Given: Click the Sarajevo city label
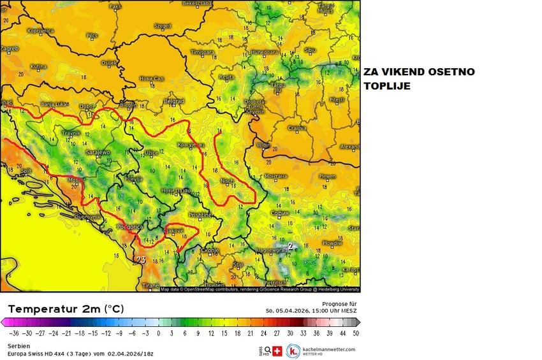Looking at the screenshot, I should (98, 153).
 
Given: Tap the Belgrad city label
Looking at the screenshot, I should (173, 101).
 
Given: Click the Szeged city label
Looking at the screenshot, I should (163, 26).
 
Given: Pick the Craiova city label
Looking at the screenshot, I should (297, 128).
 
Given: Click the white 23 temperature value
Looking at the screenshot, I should (142, 259).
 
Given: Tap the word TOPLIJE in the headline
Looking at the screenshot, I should (388, 85).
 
